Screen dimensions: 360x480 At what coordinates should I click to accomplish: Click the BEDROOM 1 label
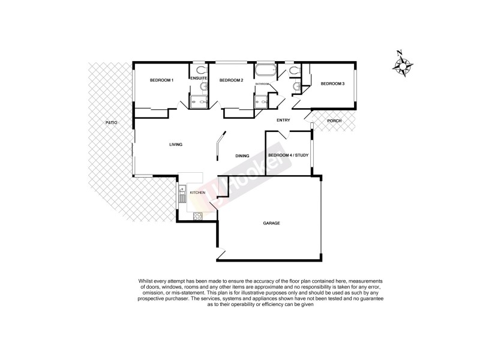(x=161, y=80)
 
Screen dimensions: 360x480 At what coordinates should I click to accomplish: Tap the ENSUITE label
(x=199, y=79)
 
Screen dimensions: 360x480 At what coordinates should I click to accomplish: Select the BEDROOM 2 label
(x=231, y=80)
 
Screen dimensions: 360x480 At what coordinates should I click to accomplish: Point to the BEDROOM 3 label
(x=332, y=84)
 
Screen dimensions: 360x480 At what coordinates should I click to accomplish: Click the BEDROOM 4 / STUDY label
(x=288, y=155)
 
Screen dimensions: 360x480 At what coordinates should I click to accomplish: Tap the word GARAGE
(x=272, y=223)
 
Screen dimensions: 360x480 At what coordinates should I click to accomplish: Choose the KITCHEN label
(x=197, y=193)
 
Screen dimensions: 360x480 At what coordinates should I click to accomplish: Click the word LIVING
(x=175, y=145)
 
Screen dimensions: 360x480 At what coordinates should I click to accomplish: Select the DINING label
(x=242, y=156)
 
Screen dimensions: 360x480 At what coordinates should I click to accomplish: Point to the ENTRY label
(x=283, y=121)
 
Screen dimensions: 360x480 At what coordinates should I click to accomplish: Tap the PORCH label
(x=334, y=121)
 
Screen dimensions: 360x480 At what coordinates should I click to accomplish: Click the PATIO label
(x=111, y=122)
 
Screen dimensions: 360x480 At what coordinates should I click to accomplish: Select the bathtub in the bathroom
(x=265, y=72)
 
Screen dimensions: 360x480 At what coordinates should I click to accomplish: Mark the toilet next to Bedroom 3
(x=293, y=71)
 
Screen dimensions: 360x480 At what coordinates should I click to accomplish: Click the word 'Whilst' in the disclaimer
(x=146, y=281)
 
